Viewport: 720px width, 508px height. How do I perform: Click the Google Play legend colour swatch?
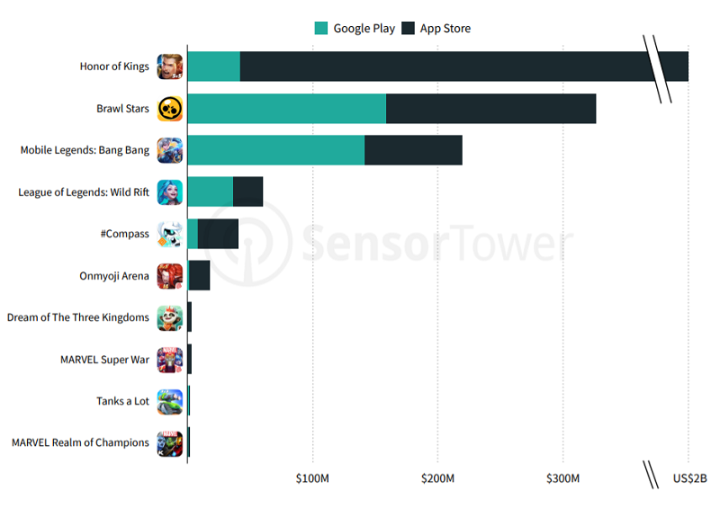[x=321, y=28]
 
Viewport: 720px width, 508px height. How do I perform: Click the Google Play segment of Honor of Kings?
[x=214, y=67]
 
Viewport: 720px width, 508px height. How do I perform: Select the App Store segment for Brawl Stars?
[x=490, y=109]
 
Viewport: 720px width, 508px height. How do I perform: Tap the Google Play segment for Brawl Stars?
[x=286, y=109]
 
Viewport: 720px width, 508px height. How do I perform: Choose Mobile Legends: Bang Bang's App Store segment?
[x=413, y=150]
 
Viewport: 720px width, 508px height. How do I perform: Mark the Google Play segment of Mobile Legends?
[x=275, y=150]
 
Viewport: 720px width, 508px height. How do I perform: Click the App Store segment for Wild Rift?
[x=247, y=192]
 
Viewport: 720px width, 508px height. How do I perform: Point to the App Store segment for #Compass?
[x=218, y=234]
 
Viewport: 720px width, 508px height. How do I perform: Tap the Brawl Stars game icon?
[x=170, y=109]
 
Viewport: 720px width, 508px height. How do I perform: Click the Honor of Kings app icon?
[x=170, y=67]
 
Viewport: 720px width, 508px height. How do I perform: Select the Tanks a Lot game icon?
[x=170, y=401]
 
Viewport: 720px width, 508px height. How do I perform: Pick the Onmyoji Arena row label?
[x=114, y=276]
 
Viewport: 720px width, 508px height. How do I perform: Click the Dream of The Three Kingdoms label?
[x=78, y=317]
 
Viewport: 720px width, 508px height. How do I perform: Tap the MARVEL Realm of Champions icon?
[x=170, y=442]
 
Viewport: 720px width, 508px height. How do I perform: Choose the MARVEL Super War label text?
[x=104, y=360]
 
